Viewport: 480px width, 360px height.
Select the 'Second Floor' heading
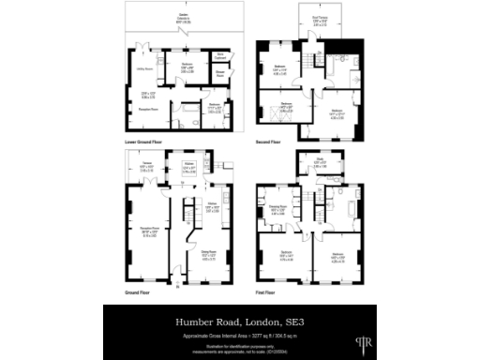(x=268, y=142)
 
